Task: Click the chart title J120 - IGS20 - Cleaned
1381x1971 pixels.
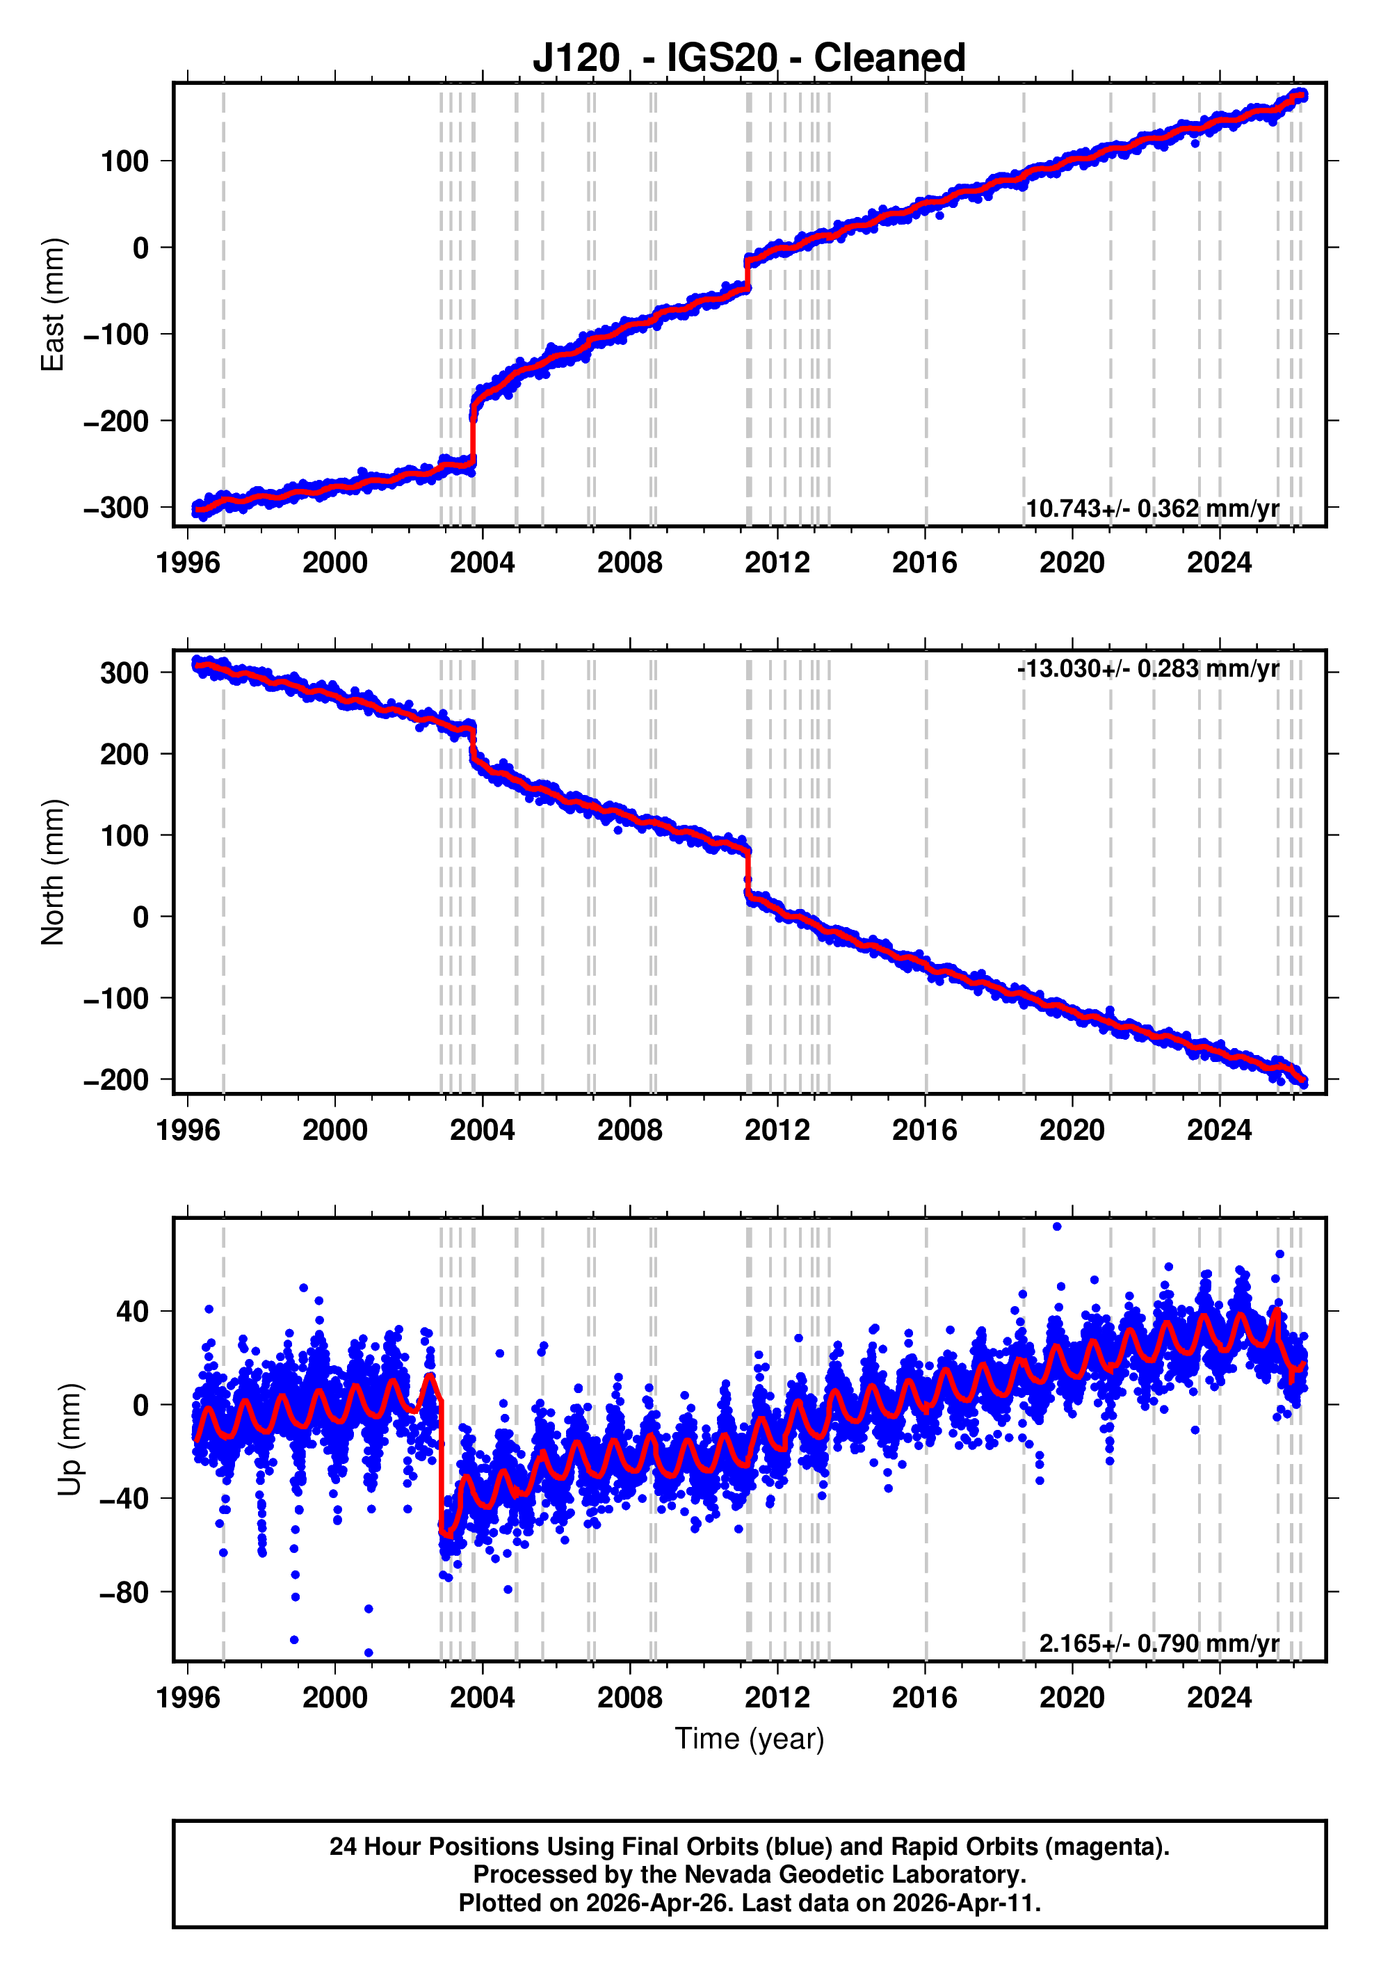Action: [x=748, y=58]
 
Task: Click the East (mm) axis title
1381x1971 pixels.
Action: [x=54, y=305]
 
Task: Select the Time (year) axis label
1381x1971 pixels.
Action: [x=748, y=1738]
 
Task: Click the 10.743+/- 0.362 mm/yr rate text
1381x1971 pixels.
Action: [x=1152, y=508]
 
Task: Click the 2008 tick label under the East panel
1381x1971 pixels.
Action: [x=629, y=563]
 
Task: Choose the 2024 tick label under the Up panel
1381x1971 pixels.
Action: [x=1219, y=1697]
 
